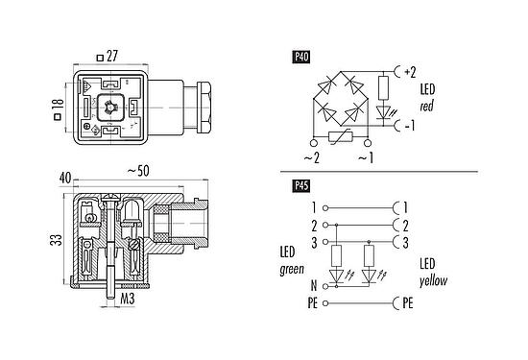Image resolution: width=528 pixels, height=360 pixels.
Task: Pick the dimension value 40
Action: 65,179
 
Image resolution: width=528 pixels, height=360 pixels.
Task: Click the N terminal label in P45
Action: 313,285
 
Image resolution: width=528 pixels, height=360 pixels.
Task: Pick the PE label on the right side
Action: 408,302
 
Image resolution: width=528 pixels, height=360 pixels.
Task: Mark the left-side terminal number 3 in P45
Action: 313,240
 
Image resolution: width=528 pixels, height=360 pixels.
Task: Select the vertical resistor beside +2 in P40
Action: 384,89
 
